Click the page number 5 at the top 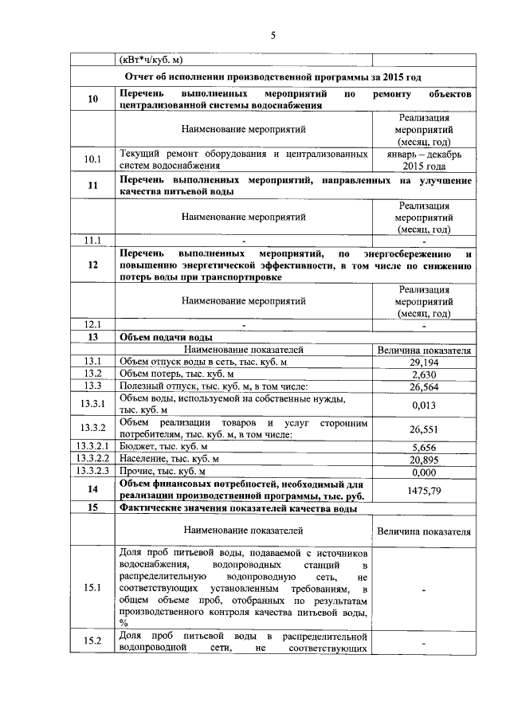(x=273, y=35)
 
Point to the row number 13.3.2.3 (x=93, y=471)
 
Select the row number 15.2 (x=93, y=641)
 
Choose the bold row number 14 (x=93, y=489)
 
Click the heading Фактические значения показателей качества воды (x=237, y=507)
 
